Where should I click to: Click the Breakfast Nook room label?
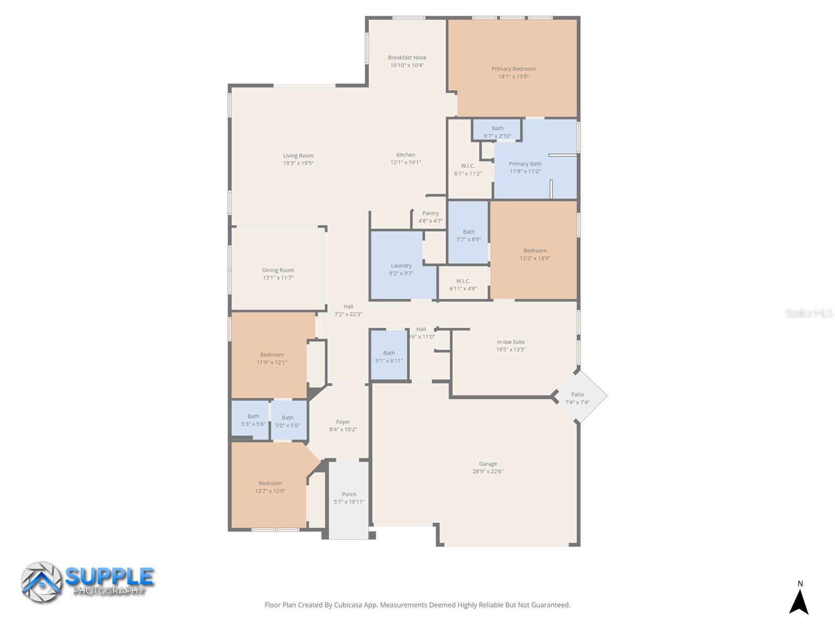click(407, 57)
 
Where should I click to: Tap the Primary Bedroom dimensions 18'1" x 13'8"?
click(513, 76)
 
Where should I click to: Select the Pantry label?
click(430, 213)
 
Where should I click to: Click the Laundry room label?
click(401, 266)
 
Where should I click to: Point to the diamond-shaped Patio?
click(577, 396)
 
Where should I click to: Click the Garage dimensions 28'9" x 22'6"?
click(487, 471)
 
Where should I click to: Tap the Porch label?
click(349, 494)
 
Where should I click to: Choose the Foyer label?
click(343, 422)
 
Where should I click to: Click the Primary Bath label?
click(525, 164)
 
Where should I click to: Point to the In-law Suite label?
click(510, 342)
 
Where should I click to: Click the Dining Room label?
click(278, 270)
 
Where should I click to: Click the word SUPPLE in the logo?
click(110, 576)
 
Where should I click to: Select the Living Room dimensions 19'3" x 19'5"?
click(298, 163)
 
